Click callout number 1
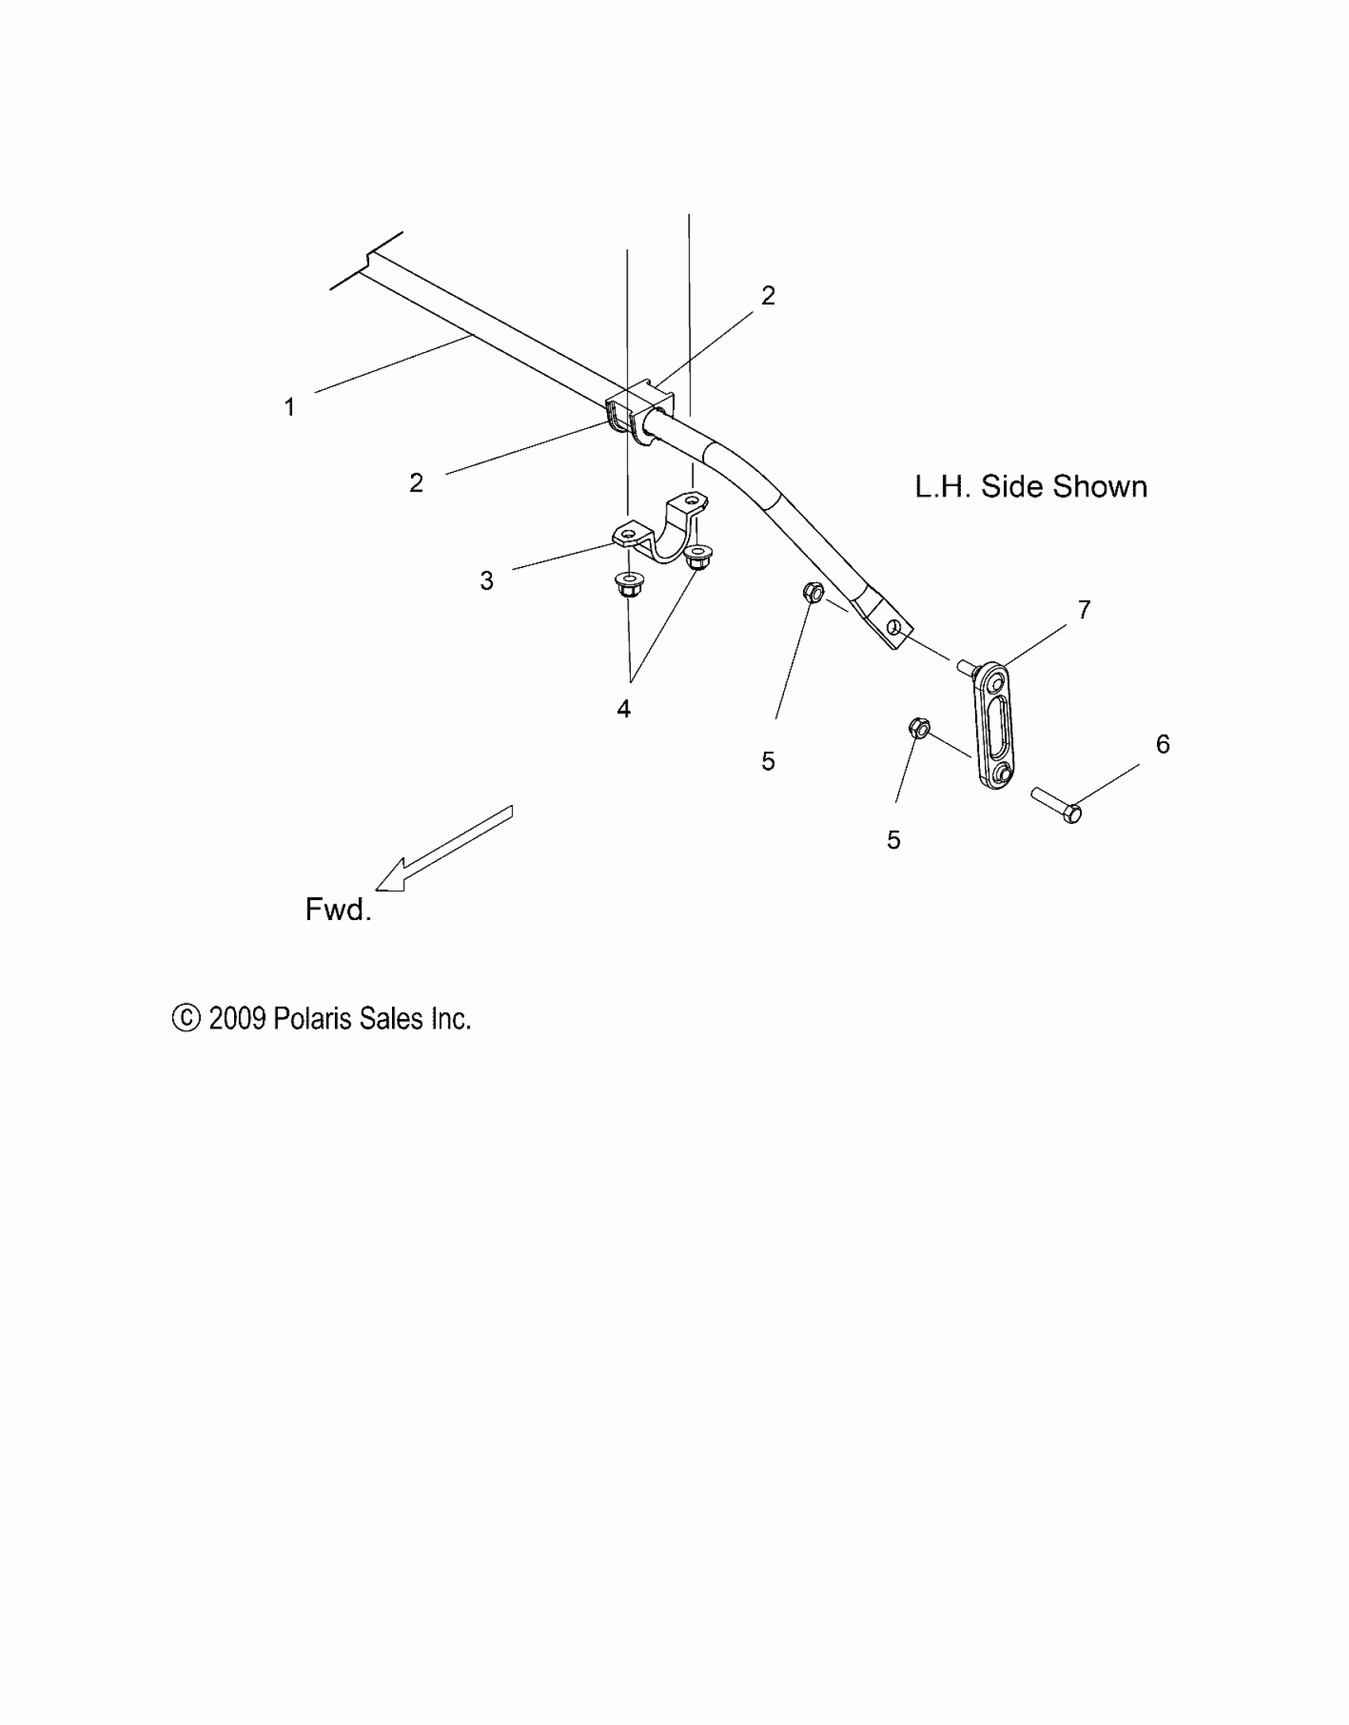(x=290, y=408)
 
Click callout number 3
(x=486, y=581)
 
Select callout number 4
(x=624, y=709)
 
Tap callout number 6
(x=1163, y=744)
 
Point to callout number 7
(x=1084, y=609)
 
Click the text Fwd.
(x=338, y=909)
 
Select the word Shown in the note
(x=1100, y=487)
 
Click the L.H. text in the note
(x=943, y=487)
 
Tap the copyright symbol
(x=186, y=1018)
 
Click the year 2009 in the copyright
(x=236, y=1018)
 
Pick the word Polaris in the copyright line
(x=312, y=1018)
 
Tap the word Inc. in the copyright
(x=451, y=1018)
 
